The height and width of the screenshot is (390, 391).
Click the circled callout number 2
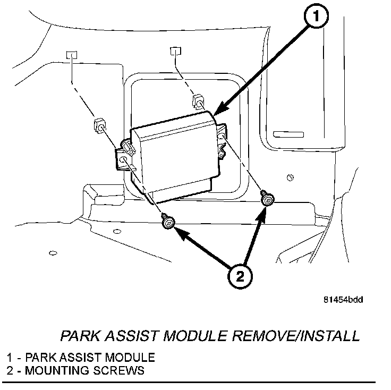240,276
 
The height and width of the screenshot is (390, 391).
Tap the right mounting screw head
267,199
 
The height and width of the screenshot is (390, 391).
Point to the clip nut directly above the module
199,99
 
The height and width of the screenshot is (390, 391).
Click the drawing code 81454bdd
343,300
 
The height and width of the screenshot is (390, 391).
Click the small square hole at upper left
72,55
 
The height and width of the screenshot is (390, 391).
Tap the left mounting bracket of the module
124,157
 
